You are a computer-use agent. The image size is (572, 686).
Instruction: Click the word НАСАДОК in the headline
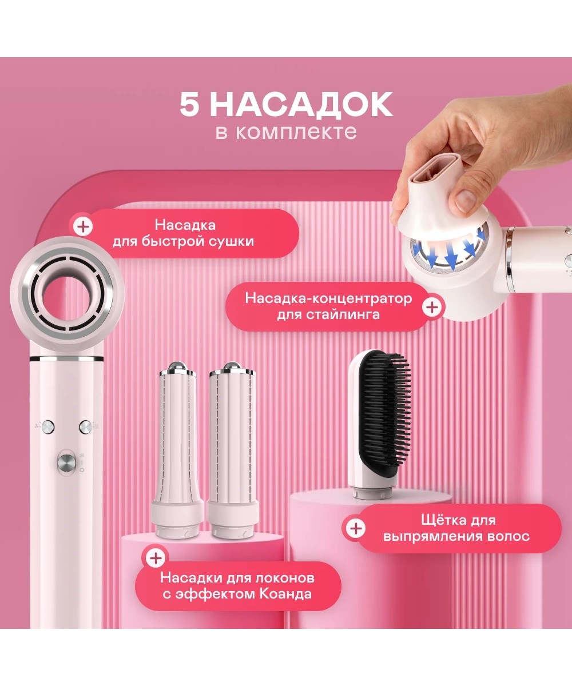point(301,105)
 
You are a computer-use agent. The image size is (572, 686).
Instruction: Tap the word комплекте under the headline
point(296,132)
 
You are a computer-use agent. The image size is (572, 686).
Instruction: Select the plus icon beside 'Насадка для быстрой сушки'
point(83,226)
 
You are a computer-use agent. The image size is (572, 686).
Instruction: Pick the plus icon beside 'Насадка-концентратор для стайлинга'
point(432,307)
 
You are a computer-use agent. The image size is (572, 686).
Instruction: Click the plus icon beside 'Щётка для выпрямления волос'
point(355,529)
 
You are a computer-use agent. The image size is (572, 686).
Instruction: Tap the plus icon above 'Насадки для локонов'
point(156,558)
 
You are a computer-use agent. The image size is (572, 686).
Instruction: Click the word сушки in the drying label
point(236,241)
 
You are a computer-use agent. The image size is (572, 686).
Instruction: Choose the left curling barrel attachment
point(177,451)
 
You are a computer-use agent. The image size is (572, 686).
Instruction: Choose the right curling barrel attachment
point(232,451)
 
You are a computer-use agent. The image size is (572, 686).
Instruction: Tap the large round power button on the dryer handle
point(66,463)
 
